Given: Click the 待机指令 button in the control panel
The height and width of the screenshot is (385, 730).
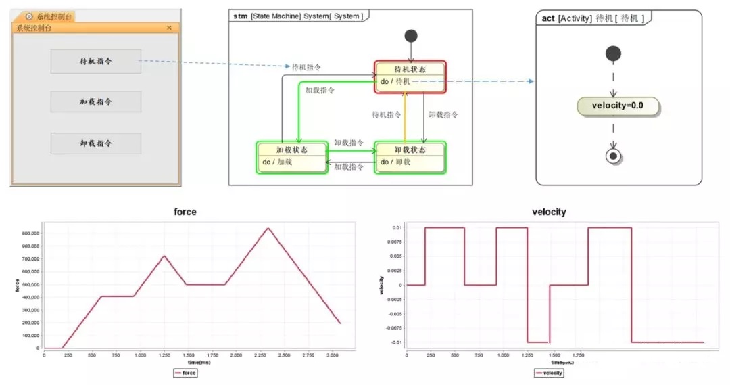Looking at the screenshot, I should coord(95,61).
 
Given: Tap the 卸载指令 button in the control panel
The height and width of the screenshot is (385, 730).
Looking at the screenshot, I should coord(95,143).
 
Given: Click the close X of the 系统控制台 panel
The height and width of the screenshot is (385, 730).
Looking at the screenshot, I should coord(169,28).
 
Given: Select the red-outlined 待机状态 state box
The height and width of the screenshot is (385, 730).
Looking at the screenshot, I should coord(410,76).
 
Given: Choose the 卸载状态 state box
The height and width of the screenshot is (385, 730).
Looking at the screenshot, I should coord(410,156).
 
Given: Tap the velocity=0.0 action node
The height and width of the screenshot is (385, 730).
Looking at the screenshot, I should coord(618,106).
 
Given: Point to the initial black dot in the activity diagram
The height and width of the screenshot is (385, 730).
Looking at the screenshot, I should coord(613,53).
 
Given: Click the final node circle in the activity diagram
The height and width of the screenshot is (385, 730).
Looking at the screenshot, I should coord(613,156).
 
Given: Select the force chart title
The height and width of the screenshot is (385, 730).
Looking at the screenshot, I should coord(185,212).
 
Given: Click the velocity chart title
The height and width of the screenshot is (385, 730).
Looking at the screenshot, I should coord(550,212).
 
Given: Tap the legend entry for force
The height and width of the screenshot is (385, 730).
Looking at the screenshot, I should coord(185,372).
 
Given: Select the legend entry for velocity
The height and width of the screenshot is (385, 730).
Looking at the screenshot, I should coord(549,372).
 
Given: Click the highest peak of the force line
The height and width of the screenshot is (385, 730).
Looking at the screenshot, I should coord(268,228).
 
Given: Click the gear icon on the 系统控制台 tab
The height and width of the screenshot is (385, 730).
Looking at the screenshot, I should coord(29,16).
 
